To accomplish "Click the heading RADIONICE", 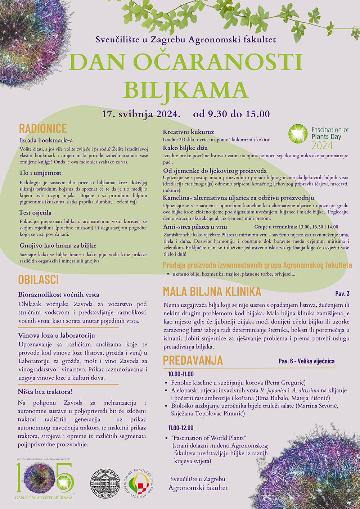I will coord(43,129).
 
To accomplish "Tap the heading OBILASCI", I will coord(38,280).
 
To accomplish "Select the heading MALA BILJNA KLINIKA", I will coord(212,291).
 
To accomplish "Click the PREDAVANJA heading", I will coord(193,360).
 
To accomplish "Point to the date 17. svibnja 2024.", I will coord(141,114).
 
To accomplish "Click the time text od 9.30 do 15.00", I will coord(231,114).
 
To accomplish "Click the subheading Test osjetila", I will coord(35,213).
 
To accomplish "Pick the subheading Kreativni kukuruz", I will coord(188,132).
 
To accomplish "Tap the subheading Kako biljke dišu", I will coord(185,148).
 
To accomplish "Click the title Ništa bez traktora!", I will coord(45,392).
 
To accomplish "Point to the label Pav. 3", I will coord(342,294).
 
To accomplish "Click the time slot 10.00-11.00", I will coord(181,374).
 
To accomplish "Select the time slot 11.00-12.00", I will coord(181,428).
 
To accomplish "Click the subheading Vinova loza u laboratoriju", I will coord(57,335).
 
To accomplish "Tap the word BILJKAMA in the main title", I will coord(185,90).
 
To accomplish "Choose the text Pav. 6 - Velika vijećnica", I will coord(306,361).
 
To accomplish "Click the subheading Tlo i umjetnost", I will coord(40,173).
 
